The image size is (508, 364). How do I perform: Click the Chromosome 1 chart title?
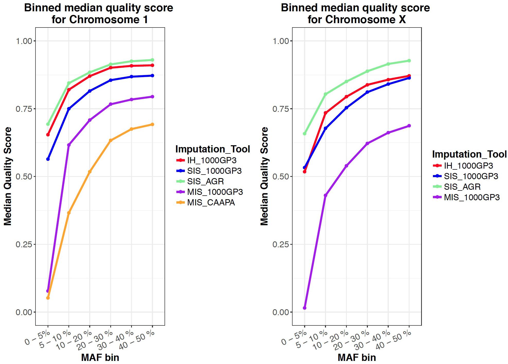pos(99,14)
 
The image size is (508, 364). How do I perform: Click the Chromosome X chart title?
pos(355,14)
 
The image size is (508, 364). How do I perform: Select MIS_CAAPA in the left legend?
pos(211,203)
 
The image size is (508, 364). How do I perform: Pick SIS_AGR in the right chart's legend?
pos(462,187)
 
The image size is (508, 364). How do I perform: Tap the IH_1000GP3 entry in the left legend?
pos(212,160)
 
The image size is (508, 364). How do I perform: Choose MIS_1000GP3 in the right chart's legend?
pos(472,197)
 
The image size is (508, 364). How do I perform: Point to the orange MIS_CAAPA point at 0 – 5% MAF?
pos(48,298)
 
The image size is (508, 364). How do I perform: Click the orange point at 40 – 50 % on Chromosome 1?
pos(152,124)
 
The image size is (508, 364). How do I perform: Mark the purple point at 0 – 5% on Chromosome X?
pos(305,308)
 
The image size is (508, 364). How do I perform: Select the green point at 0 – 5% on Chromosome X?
pos(305,134)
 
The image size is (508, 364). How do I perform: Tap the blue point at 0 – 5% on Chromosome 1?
pos(48,159)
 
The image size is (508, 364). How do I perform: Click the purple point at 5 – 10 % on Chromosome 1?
pos(69,145)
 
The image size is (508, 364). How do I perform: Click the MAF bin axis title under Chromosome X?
pos(357,358)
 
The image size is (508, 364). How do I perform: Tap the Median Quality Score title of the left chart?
pos(8,176)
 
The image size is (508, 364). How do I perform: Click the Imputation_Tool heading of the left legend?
pos(213,149)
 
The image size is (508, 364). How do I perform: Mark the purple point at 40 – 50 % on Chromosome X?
pos(409,126)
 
